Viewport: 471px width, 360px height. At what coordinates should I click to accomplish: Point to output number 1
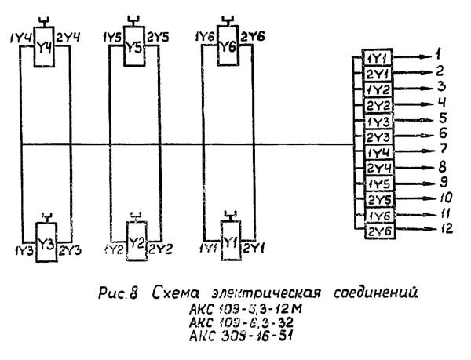(440, 56)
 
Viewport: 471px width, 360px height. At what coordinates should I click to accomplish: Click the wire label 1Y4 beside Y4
(21, 36)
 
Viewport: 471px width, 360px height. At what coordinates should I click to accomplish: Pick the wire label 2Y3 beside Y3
(70, 249)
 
